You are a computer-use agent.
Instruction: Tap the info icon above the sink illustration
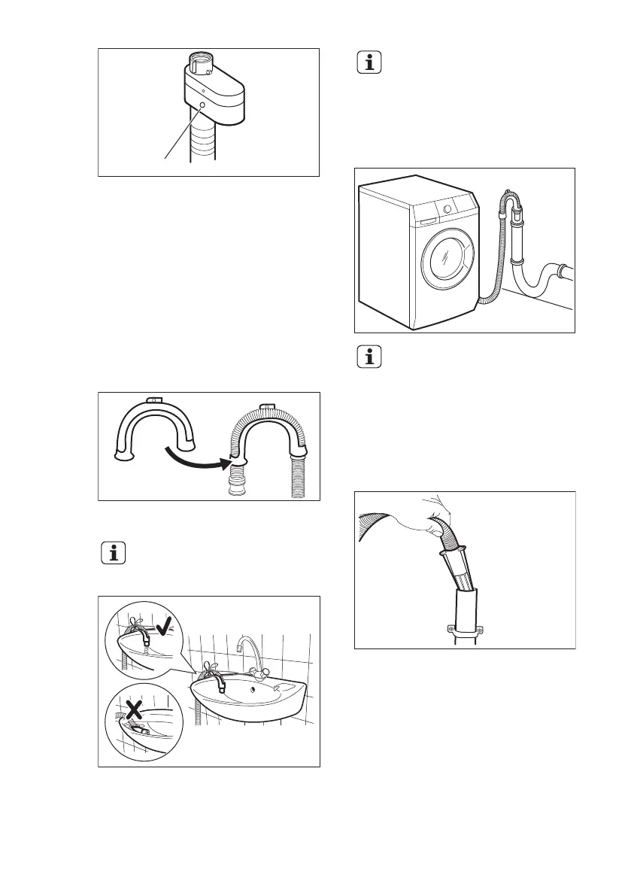tap(112, 555)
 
